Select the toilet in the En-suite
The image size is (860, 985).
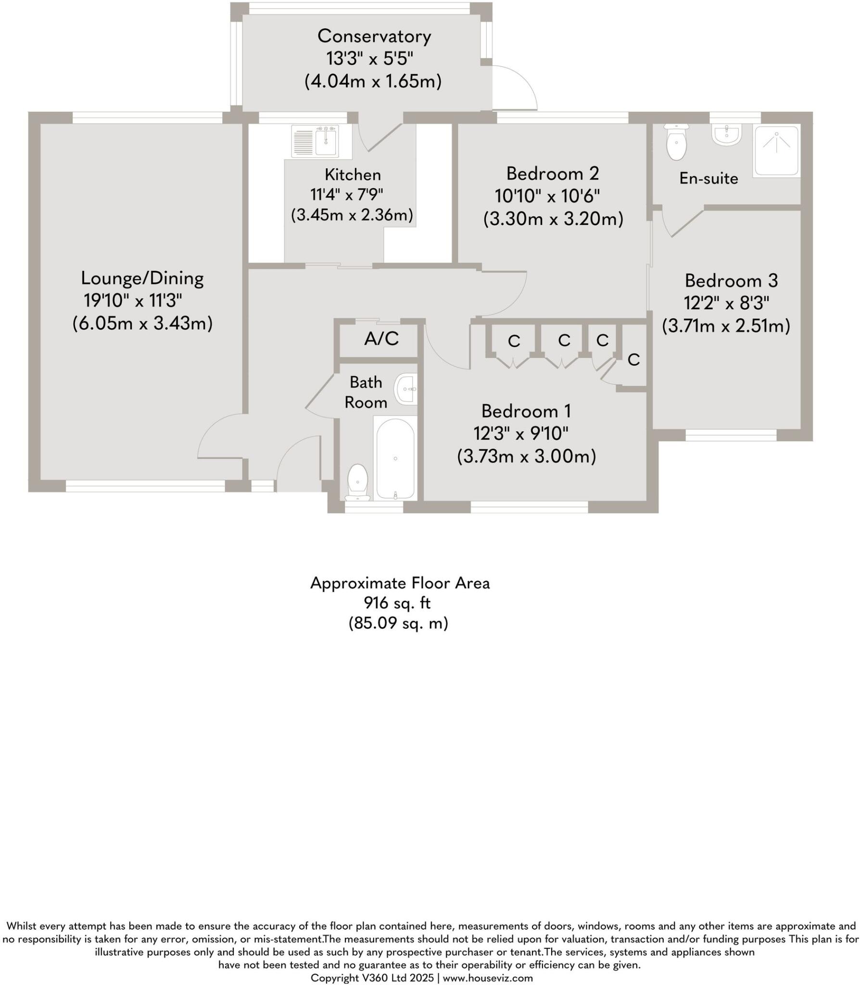tap(676, 142)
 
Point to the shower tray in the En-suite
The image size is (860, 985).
tap(776, 151)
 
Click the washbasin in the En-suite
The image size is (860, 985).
tap(726, 135)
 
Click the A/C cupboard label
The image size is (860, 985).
tap(381, 339)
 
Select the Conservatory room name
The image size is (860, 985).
tap(374, 36)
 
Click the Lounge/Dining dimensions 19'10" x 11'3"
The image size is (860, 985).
tap(133, 301)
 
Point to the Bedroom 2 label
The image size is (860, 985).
tap(553, 173)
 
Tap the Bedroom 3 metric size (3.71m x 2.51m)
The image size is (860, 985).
tap(726, 326)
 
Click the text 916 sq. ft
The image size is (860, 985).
tap(397, 603)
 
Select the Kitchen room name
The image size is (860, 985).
tap(353, 174)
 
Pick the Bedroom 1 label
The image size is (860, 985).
tap(526, 411)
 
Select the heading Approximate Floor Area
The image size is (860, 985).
tap(400, 583)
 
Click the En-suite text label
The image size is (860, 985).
tap(708, 178)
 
